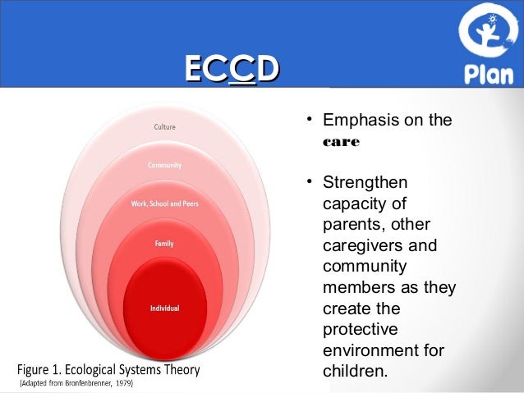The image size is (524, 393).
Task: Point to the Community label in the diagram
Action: tap(164, 165)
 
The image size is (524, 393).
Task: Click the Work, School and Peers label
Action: tap(164, 203)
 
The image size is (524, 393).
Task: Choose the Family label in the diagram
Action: tap(164, 244)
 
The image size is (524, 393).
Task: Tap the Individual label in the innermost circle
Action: tap(164, 308)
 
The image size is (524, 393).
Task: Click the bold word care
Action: tap(337, 141)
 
